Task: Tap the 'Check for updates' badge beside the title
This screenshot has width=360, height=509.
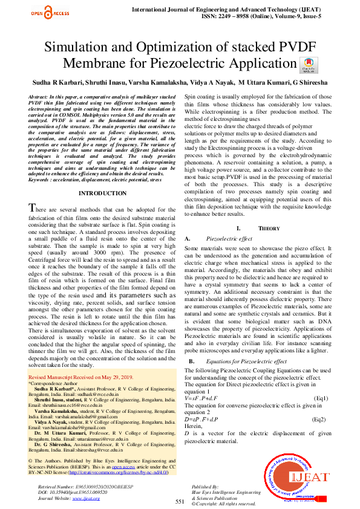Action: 308,65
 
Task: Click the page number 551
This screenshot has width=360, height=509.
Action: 180,501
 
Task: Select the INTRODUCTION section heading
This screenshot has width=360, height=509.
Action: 103,193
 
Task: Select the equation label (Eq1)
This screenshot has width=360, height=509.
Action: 322,398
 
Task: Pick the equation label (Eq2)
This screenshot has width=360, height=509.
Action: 319,419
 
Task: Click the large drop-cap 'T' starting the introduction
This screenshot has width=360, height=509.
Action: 35,208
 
